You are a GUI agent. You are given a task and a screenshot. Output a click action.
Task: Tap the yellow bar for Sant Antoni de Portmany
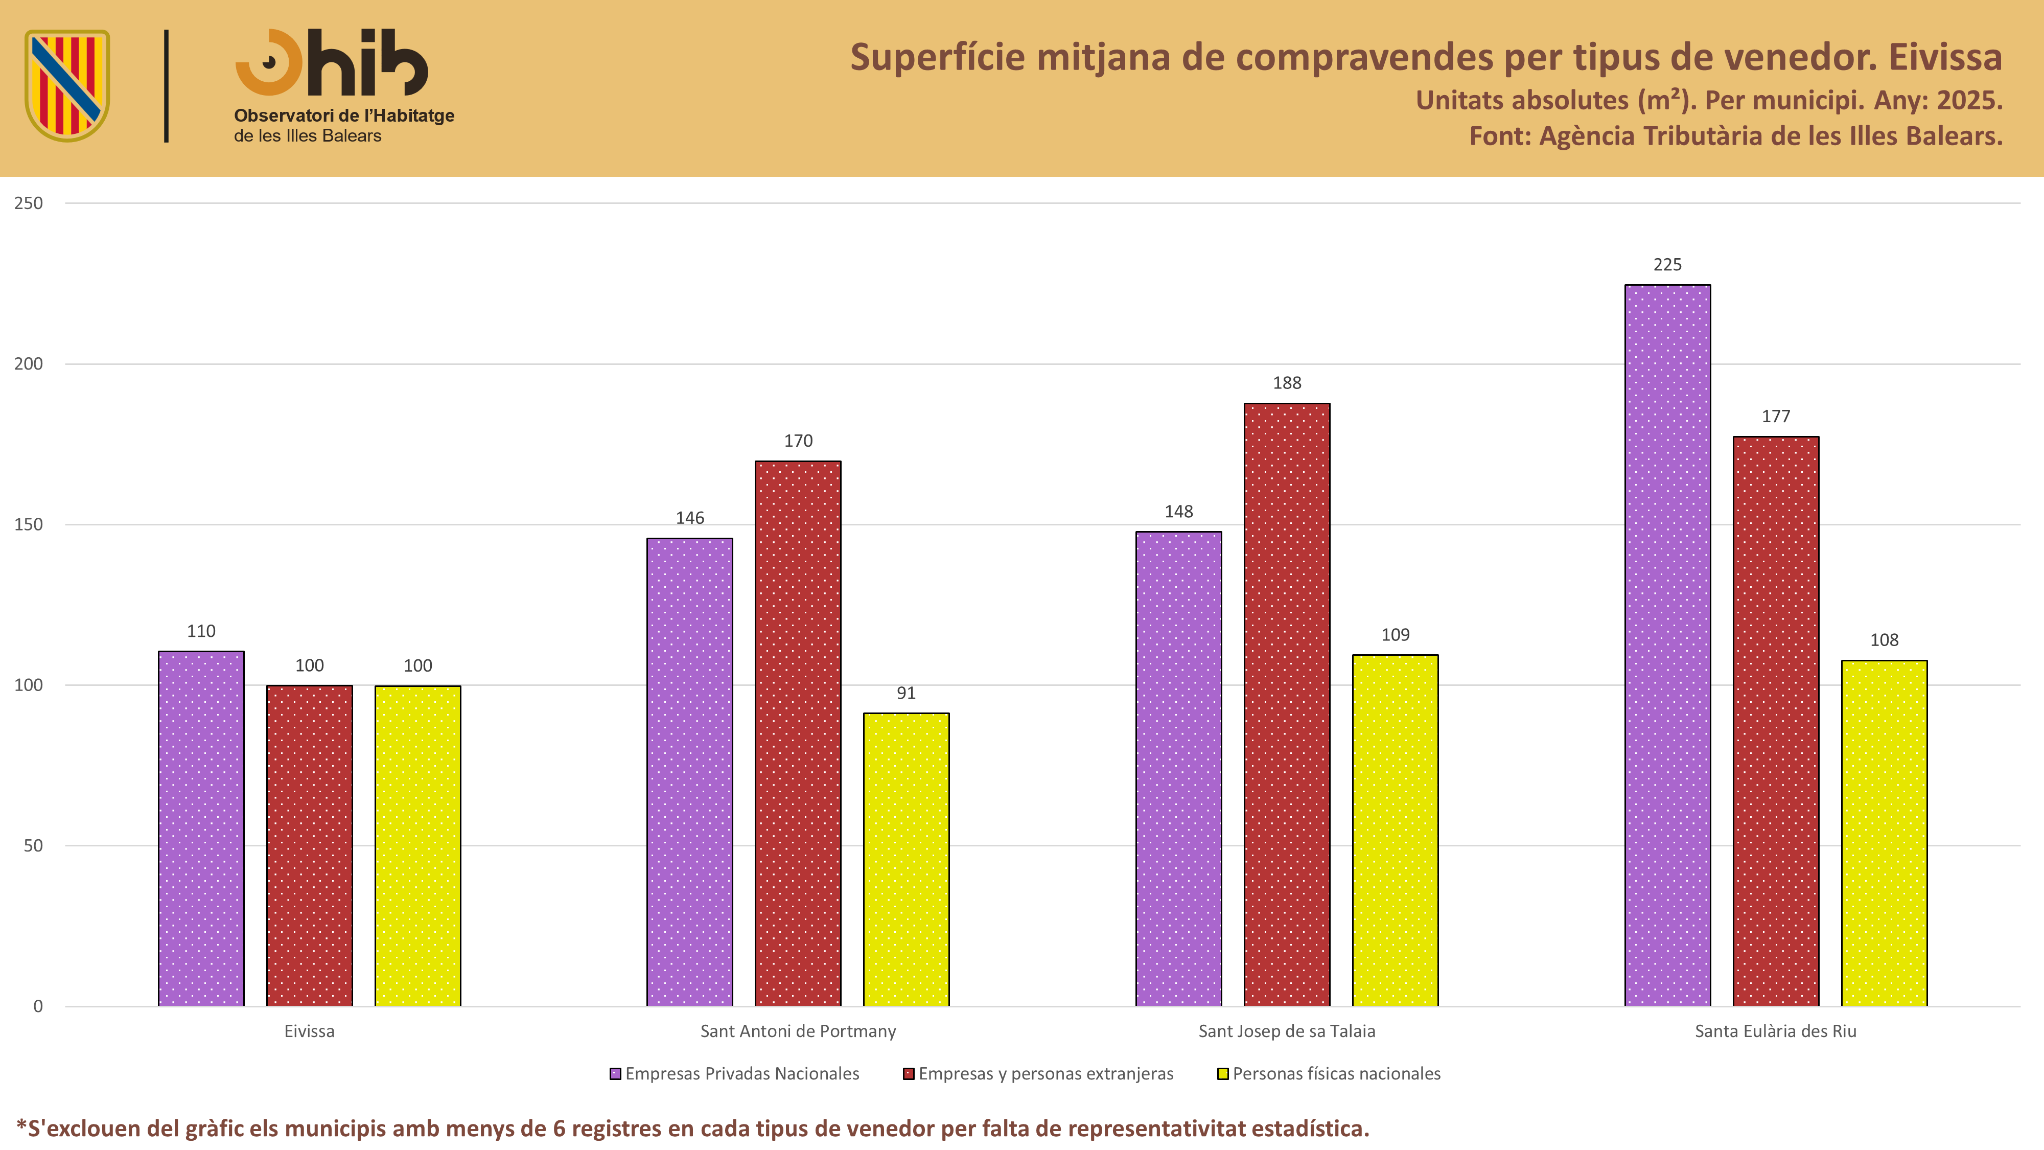(906, 860)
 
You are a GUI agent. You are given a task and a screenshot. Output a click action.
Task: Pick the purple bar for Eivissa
(201, 829)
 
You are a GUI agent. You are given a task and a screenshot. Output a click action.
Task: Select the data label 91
(906, 693)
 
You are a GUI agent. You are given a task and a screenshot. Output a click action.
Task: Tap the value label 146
(689, 517)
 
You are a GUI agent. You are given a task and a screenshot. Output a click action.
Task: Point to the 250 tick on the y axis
(29, 203)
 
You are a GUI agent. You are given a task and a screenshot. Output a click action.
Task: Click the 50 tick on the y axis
(33, 845)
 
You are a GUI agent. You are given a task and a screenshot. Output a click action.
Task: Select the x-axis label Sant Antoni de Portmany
(798, 1031)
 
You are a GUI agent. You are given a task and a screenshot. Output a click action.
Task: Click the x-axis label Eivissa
(310, 1031)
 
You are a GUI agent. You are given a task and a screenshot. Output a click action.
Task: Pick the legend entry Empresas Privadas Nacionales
(734, 1074)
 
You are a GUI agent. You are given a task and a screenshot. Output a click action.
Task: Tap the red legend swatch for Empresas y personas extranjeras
(909, 1074)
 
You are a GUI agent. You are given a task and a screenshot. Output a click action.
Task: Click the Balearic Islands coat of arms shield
(67, 85)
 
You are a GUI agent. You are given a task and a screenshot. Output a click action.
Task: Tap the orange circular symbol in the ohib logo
(269, 63)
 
